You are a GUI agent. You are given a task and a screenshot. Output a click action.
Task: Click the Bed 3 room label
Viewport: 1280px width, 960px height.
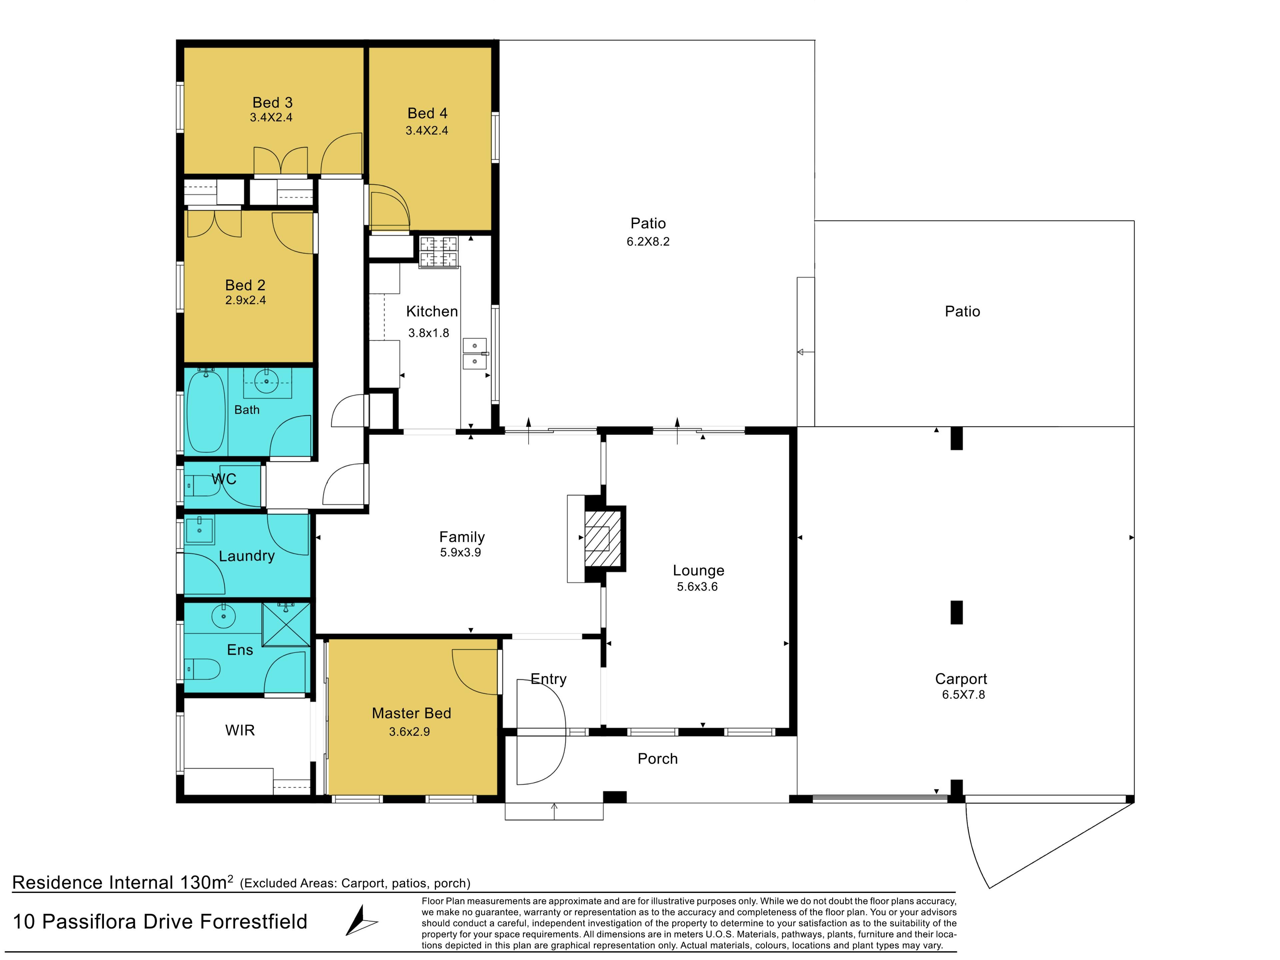pyautogui.click(x=273, y=102)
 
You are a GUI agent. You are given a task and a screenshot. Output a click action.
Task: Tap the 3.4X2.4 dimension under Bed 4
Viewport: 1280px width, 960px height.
pyautogui.click(x=427, y=131)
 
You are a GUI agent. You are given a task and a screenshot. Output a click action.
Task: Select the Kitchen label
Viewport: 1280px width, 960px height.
pyautogui.click(x=432, y=311)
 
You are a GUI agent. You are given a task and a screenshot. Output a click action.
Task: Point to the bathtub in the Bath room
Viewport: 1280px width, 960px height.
pyautogui.click(x=206, y=411)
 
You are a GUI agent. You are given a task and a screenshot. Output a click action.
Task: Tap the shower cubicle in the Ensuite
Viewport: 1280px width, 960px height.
pyautogui.click(x=286, y=624)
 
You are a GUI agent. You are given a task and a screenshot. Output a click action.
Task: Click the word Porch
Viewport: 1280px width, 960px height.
pyautogui.click(x=657, y=759)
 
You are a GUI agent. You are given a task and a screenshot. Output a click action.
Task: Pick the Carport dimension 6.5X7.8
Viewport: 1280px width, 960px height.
pyautogui.click(x=963, y=694)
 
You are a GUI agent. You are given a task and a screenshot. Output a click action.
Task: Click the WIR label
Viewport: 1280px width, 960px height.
pyautogui.click(x=240, y=730)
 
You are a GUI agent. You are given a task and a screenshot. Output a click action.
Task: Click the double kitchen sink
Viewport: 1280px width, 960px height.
pyautogui.click(x=475, y=354)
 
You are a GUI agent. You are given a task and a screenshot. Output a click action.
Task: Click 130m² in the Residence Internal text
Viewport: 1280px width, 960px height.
pyautogui.click(x=207, y=882)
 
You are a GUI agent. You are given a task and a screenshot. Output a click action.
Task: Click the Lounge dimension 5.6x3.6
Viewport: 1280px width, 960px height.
pyautogui.click(x=697, y=587)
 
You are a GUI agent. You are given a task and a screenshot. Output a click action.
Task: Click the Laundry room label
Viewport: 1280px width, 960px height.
pyautogui.click(x=247, y=556)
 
